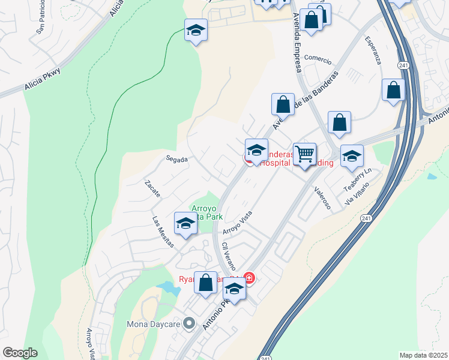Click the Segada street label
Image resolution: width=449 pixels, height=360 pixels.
click(x=177, y=160)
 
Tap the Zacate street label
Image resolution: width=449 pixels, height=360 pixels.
click(x=152, y=189)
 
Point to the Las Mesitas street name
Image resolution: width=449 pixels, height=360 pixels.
click(x=163, y=232)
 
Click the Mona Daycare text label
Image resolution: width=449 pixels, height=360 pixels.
click(x=153, y=325)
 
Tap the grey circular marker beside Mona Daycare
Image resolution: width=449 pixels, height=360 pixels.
click(x=189, y=324)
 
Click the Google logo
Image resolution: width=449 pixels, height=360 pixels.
click(x=20, y=353)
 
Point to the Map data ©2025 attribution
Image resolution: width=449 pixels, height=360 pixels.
click(x=423, y=355)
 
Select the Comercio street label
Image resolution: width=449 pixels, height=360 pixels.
click(x=318, y=58)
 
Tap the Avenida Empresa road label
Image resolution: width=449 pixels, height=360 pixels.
click(x=296, y=42)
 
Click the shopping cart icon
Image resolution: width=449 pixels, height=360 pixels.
click(x=305, y=154)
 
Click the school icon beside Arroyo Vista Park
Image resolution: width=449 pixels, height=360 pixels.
click(x=186, y=224)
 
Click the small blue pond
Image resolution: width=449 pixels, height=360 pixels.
click(x=169, y=287)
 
